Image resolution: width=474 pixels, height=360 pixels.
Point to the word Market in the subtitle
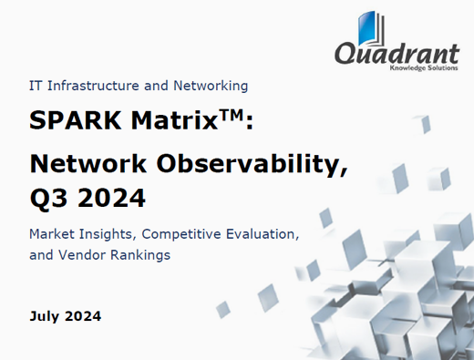[53, 234]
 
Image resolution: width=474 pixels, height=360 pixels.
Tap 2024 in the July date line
[84, 317]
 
